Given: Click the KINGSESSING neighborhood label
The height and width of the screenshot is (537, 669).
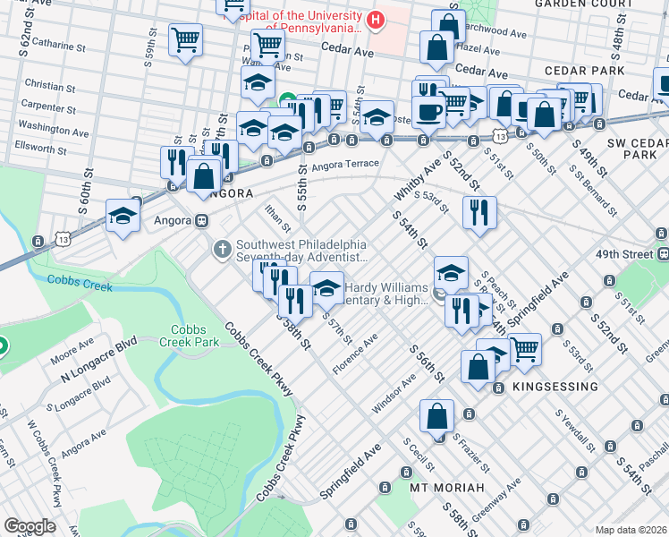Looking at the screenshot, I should tap(555, 387).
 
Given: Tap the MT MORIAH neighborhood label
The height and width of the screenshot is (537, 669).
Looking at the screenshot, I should tap(446, 488).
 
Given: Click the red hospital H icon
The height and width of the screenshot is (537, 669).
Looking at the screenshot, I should tap(377, 18).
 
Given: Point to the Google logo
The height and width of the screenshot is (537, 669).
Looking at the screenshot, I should tap(29, 526).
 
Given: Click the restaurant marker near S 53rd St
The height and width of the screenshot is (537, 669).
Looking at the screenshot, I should tap(479, 212).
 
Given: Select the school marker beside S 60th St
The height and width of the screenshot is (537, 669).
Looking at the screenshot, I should tap(122, 215).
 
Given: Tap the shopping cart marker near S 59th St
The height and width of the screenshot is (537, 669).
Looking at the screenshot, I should tap(185, 39).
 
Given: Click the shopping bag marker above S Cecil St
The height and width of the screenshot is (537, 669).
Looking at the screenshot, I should tap(437, 416).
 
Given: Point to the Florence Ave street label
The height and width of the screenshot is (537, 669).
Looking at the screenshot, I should tap(354, 355).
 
